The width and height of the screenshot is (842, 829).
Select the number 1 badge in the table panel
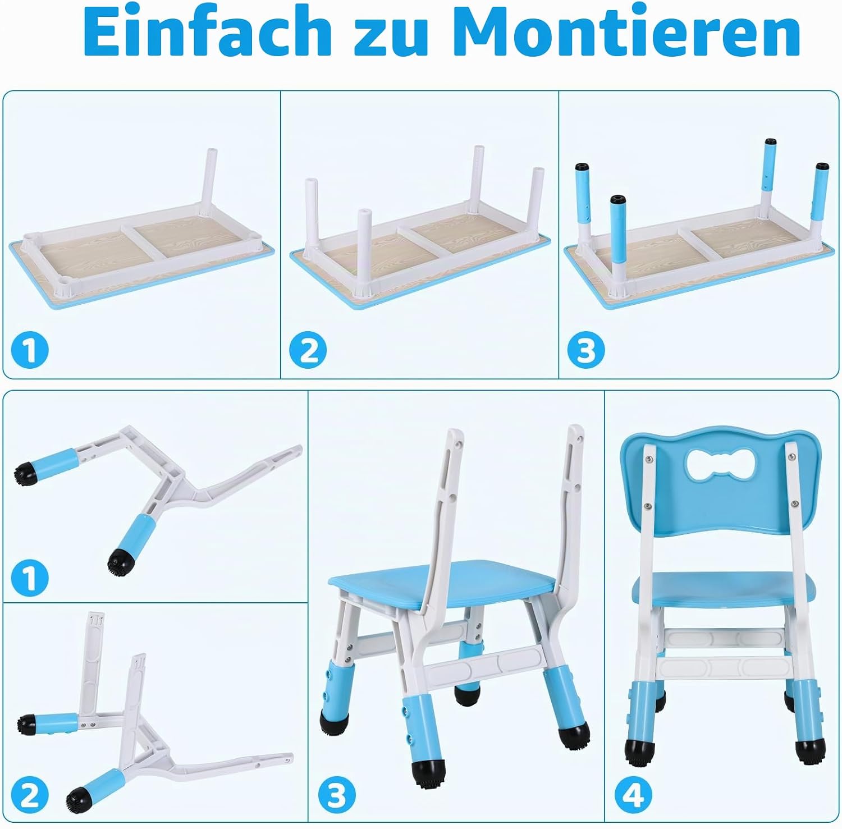click(30, 350)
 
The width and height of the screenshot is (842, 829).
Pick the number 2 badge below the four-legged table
click(308, 350)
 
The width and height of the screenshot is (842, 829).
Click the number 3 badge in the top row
click(585, 350)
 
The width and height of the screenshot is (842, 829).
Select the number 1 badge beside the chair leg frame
click(30, 578)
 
